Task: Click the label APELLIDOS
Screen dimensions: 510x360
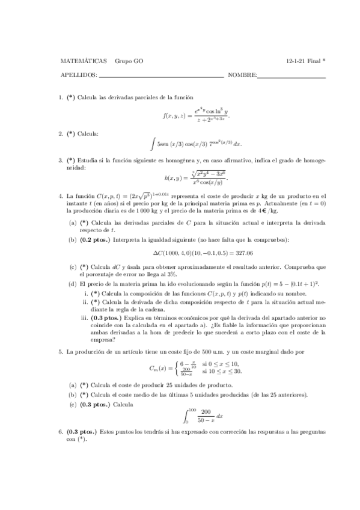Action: click(79, 75)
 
